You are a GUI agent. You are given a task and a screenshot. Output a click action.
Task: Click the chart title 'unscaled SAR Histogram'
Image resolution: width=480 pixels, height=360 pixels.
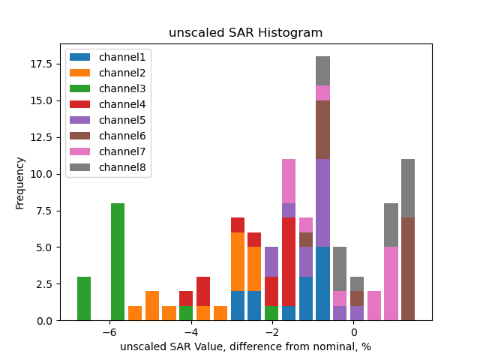(x=245, y=33)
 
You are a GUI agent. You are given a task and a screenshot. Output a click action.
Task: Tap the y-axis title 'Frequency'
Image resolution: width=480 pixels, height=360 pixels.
(x=20, y=182)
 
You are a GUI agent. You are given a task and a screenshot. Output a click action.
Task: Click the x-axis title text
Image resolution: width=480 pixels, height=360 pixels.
(x=245, y=346)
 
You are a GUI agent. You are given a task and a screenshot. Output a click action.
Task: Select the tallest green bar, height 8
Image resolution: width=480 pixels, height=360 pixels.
(x=118, y=262)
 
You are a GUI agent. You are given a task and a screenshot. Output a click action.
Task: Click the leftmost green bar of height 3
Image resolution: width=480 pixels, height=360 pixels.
(x=84, y=298)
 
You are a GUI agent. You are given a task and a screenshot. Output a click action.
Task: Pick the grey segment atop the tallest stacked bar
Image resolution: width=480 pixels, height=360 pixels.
(x=322, y=71)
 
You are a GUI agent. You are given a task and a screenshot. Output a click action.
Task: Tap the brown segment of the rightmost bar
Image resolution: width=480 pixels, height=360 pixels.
(x=408, y=269)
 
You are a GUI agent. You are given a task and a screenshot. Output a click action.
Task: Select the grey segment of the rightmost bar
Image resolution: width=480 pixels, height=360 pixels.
(x=408, y=188)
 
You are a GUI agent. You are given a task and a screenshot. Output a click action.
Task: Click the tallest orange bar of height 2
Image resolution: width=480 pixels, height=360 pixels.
(x=152, y=306)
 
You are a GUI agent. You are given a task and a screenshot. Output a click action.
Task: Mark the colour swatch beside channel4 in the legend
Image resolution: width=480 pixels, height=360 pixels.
(x=81, y=104)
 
